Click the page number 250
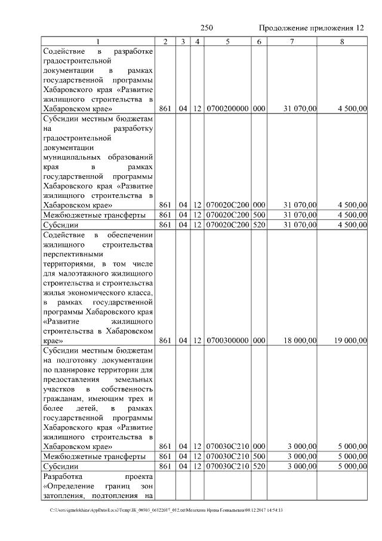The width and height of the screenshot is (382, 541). coord(207,28)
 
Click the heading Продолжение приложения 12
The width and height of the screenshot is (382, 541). coord(311,28)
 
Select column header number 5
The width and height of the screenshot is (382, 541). coord(227,42)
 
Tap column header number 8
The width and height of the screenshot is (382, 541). coord(341,42)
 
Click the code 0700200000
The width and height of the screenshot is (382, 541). coord(227,109)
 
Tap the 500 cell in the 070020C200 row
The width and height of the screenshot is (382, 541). coord(258,215)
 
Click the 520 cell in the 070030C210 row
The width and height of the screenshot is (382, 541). coord(258,466)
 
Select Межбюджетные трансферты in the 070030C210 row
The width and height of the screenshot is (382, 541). coord(94,456)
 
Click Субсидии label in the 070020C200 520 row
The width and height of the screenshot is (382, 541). coord(61,225)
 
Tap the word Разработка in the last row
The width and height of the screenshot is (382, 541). coord(65,476)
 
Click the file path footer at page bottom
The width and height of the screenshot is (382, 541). coord(167,510)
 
